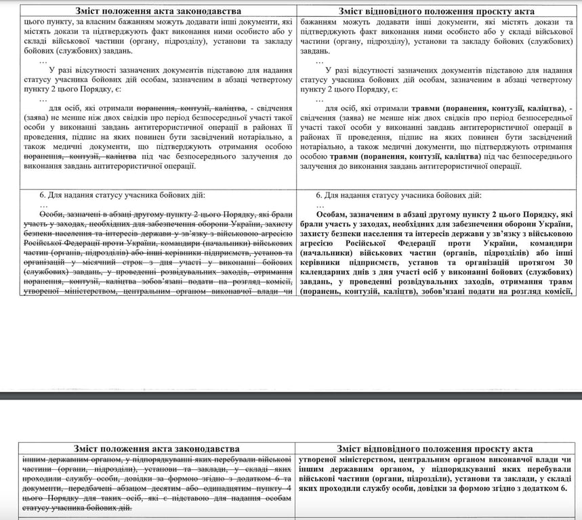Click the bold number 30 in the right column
point(568,262)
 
